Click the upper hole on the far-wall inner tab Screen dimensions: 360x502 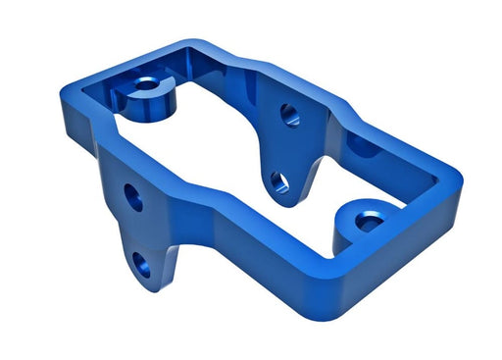290,114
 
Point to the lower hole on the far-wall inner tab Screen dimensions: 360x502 279,180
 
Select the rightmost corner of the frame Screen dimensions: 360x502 460,182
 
